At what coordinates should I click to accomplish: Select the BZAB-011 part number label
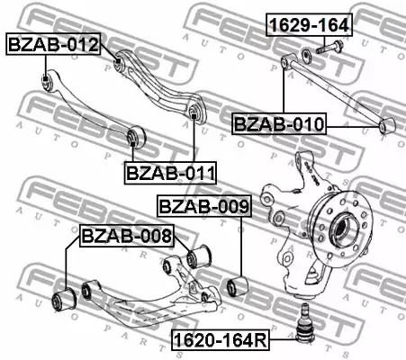[170, 171]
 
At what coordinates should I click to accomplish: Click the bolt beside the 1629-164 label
[330, 49]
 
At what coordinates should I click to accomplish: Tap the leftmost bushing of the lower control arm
[64, 296]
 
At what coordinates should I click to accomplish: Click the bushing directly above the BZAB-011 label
[135, 136]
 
